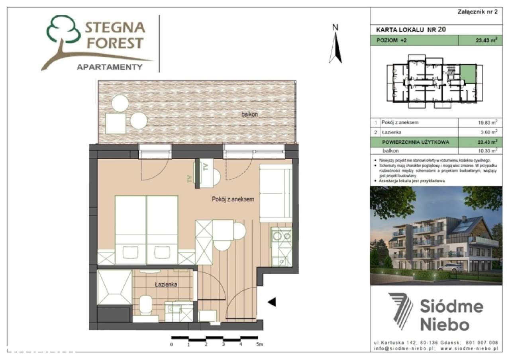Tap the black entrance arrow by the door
pos(272,303)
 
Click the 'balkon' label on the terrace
pos(250,114)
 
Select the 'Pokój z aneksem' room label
pos(233,199)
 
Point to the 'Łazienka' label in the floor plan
pos(166,284)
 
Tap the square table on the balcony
pos(116,123)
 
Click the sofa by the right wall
pos(276,194)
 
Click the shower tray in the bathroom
pos(115,287)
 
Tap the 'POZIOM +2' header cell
pos(414,40)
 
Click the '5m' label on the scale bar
pos(260,344)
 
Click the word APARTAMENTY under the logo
pos(109,67)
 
